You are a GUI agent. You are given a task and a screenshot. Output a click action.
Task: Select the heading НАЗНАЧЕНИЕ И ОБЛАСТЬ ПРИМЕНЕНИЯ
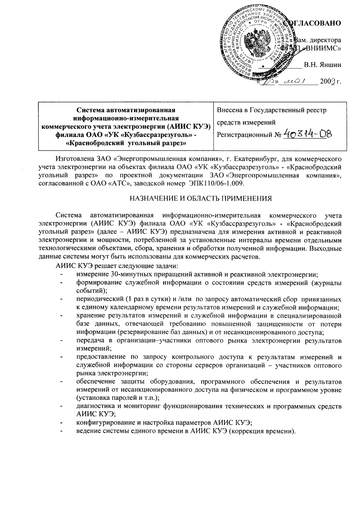200,198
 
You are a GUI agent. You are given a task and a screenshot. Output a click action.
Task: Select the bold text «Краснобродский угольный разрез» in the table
126,144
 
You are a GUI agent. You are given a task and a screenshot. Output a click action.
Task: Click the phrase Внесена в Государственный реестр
272,110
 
